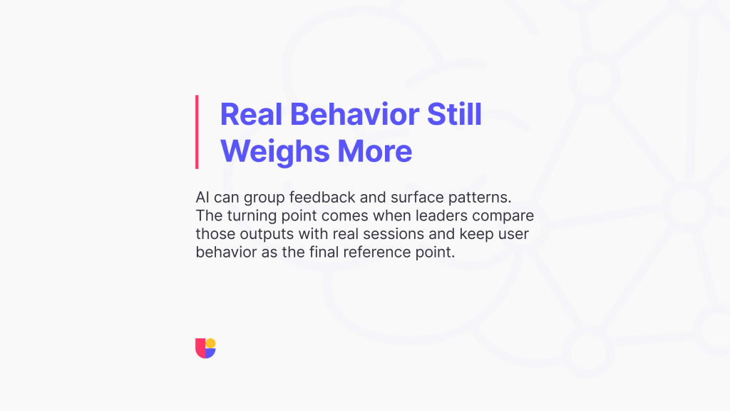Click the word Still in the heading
[x=454, y=114]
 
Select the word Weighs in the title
[x=274, y=151]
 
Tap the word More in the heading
[x=375, y=151]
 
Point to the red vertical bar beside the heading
[x=197, y=132]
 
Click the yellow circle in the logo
[x=211, y=343]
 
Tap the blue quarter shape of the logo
[x=210, y=353]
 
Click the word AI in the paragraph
[x=202, y=197]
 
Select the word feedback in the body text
[x=322, y=198]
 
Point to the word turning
[x=252, y=216]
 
